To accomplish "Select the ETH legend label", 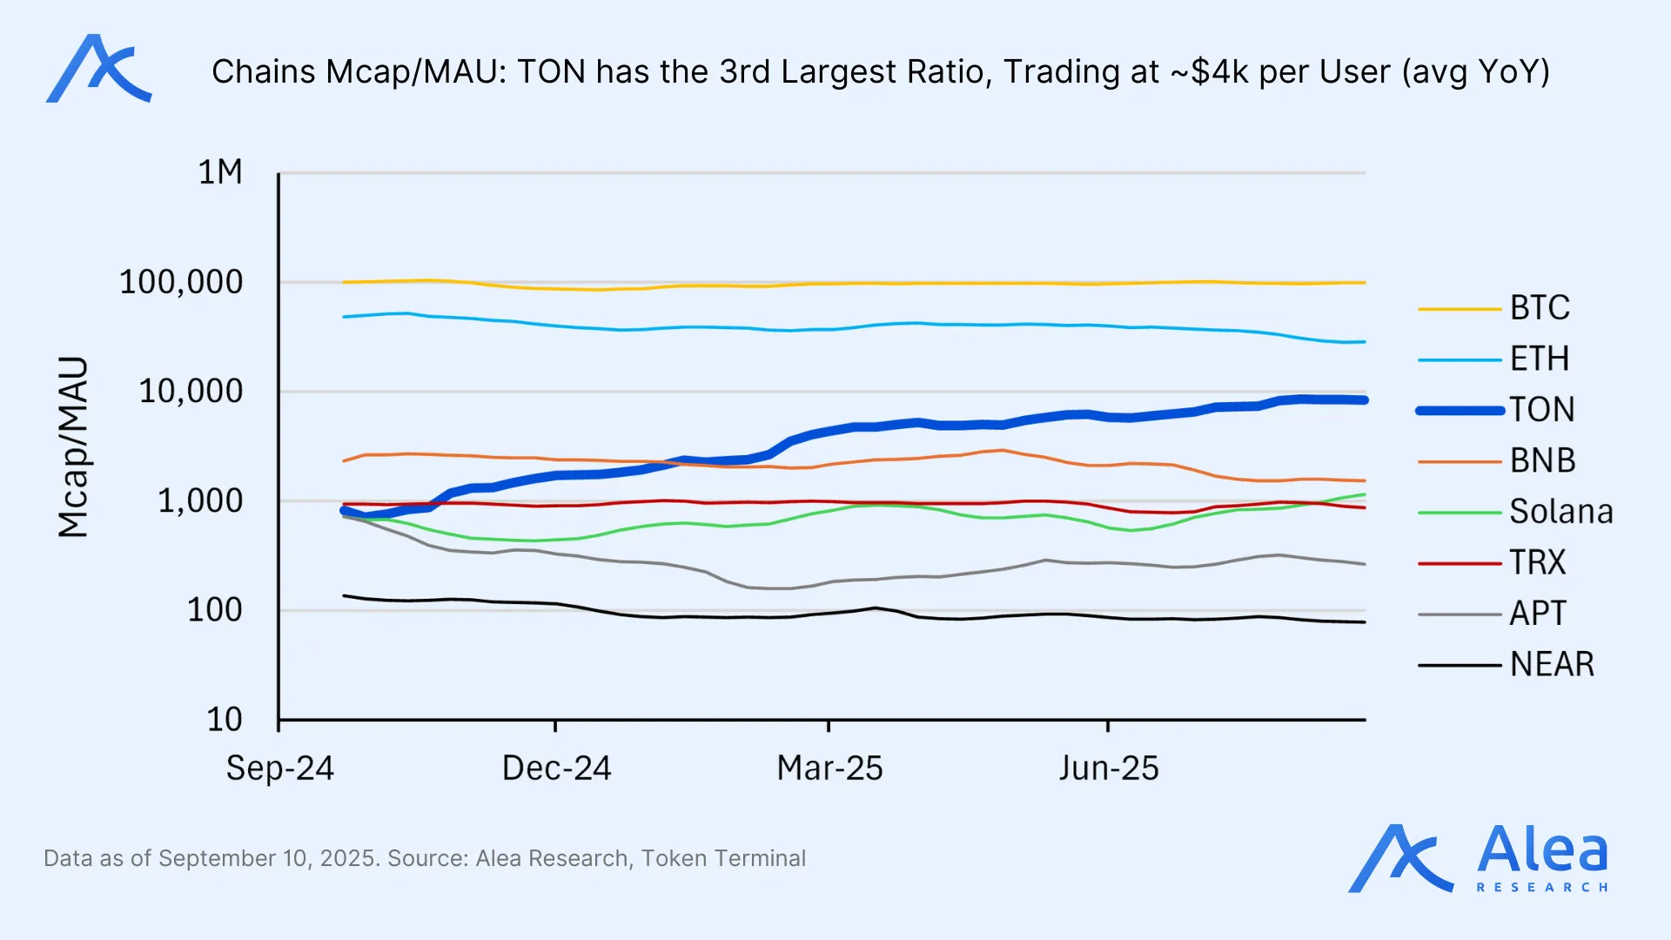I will click(x=1539, y=359).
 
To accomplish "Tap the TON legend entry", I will click(x=1541, y=410).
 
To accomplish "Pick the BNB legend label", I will click(x=1542, y=460).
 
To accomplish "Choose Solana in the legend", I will click(x=1560, y=512).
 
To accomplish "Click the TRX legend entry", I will click(x=1537, y=562).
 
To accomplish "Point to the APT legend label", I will click(x=1537, y=614).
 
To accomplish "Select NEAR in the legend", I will click(x=1552, y=664).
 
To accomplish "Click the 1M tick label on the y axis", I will click(x=220, y=172).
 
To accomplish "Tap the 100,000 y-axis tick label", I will click(x=181, y=282).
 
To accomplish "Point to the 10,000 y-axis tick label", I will click(x=191, y=392).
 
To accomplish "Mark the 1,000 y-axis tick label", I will click(x=200, y=501).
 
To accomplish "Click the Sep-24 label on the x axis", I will click(x=280, y=769).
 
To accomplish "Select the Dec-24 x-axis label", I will click(x=557, y=769).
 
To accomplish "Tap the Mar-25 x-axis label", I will click(x=829, y=769).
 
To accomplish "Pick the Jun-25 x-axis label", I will click(x=1109, y=769).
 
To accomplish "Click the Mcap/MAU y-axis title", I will click(x=73, y=446).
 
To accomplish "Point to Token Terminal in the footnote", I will click(x=723, y=858).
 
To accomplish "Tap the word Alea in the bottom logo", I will click(x=1542, y=850).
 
